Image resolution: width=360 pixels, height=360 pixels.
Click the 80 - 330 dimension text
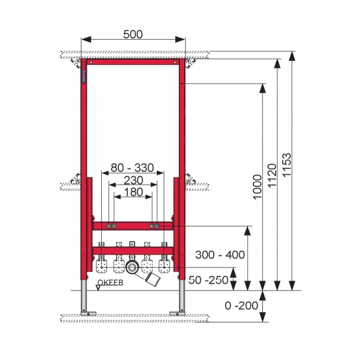132,168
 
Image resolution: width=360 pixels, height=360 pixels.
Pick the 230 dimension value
133,180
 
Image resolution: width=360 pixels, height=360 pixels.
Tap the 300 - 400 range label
220,255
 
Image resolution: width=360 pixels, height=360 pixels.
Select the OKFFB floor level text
110,283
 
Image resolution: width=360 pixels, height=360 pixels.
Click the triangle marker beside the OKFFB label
99,288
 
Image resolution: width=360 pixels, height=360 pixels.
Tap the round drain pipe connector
132,267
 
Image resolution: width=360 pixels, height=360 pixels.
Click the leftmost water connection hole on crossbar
108,225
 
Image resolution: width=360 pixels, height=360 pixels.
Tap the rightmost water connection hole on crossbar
157,225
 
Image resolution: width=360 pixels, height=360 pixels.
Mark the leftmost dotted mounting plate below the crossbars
103,266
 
